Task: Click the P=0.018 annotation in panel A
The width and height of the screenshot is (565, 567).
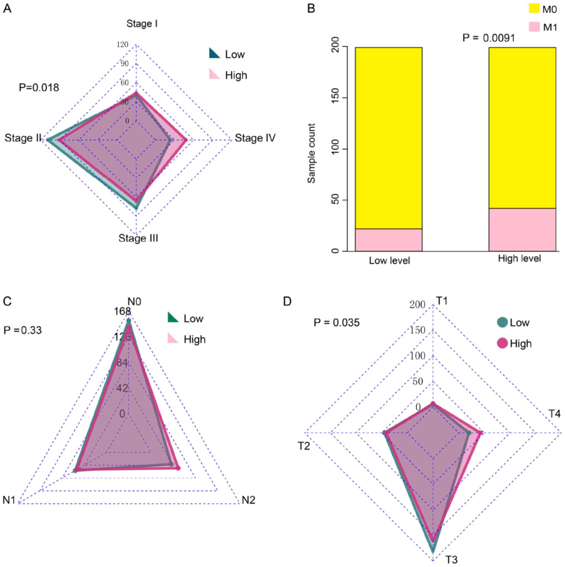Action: pyautogui.click(x=39, y=87)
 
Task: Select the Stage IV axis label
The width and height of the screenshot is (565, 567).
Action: pyautogui.click(x=255, y=138)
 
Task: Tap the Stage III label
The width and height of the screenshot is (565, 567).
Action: pyautogui.click(x=138, y=238)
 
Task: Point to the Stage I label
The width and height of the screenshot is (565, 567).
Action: pyautogui.click(x=142, y=24)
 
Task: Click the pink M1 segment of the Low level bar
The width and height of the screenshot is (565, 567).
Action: pyautogui.click(x=388, y=240)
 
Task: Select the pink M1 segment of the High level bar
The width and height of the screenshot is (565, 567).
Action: pyautogui.click(x=522, y=230)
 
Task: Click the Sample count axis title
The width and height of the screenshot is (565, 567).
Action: pyautogui.click(x=312, y=153)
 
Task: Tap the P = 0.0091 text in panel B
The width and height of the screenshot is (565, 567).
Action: pyautogui.click(x=489, y=38)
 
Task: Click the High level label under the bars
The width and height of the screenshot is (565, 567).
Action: pyautogui.click(x=519, y=259)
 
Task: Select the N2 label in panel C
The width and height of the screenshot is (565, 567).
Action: pyautogui.click(x=248, y=500)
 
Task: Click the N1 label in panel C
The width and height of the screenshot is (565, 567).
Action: pyautogui.click(x=9, y=500)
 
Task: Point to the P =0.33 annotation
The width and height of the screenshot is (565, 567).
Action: pyautogui.click(x=23, y=330)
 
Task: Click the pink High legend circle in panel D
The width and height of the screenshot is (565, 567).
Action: pyautogui.click(x=502, y=343)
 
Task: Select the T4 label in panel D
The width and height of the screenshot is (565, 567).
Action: pyautogui.click(x=554, y=414)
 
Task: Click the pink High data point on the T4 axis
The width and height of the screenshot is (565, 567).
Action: pyautogui.click(x=480, y=433)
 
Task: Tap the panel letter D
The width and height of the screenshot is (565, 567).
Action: pyautogui.click(x=287, y=301)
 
